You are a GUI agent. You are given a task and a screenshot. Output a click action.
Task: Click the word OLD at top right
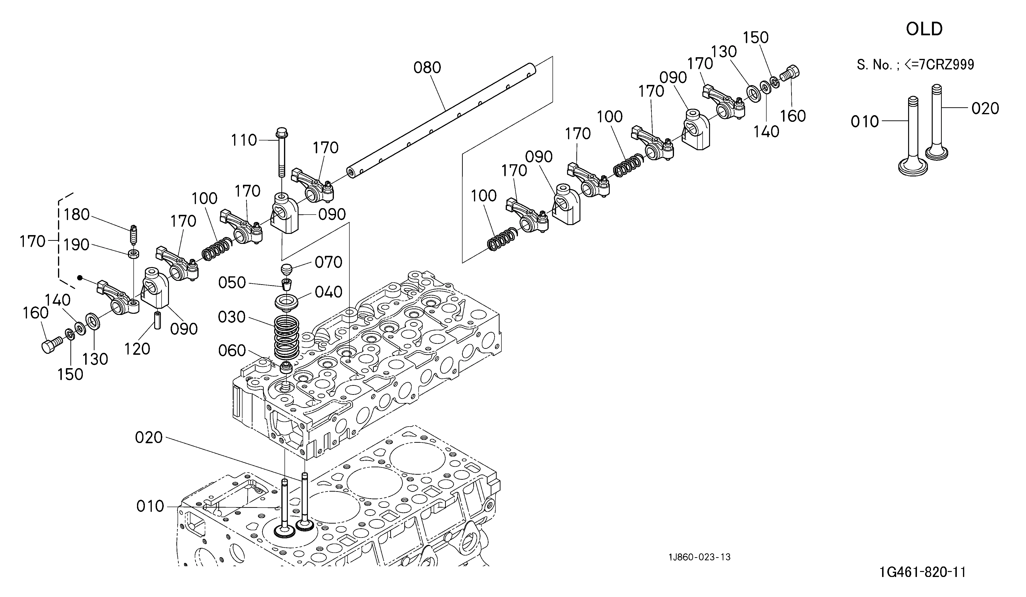pos(924,29)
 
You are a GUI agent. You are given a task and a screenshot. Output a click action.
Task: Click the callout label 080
pos(427,67)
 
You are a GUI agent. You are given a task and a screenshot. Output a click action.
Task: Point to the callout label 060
pos(232,350)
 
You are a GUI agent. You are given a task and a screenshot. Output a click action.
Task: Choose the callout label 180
pos(77,215)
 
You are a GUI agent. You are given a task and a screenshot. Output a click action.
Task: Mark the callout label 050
pos(232,283)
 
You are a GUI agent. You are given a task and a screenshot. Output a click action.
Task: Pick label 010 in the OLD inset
pos(865,122)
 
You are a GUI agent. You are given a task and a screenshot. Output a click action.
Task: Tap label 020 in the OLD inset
pos(985,108)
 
